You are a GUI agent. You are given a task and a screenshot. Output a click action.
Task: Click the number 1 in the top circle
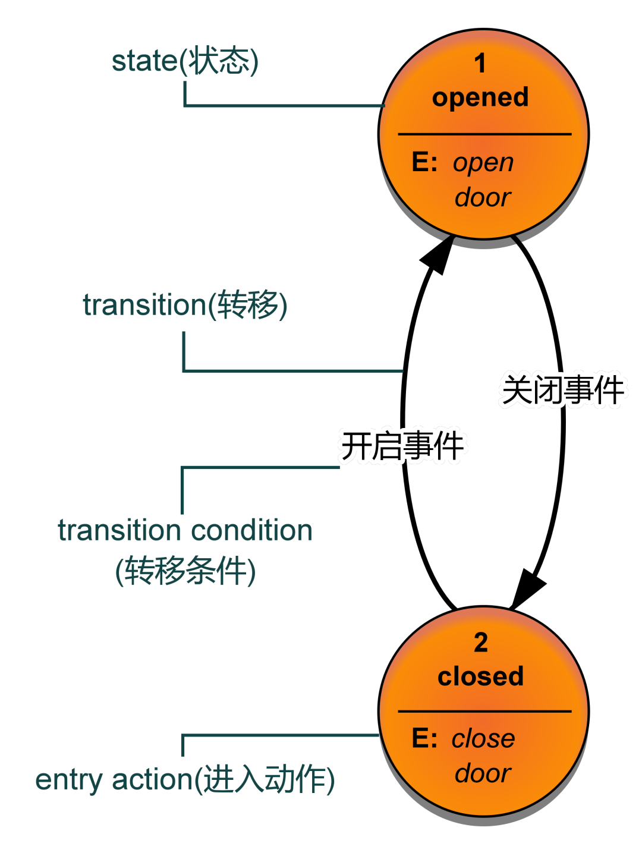[480, 63]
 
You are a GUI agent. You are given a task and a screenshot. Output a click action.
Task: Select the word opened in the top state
[480, 97]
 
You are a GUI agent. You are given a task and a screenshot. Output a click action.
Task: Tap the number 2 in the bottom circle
[481, 642]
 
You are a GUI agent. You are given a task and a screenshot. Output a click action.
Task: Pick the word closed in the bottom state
[481, 676]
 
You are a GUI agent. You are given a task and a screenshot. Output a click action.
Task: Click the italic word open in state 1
[483, 164]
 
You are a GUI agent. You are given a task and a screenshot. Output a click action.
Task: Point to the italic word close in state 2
[483, 739]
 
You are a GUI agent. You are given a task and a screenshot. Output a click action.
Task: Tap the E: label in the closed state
[424, 738]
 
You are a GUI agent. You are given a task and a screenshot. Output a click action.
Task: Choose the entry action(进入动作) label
[185, 780]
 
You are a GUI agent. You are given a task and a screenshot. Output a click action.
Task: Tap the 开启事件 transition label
[402, 446]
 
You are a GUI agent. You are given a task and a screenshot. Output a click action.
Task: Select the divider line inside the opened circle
[484, 134]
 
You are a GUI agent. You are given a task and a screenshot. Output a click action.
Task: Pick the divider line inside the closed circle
[484, 712]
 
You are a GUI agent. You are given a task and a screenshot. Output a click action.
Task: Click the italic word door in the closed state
[483, 774]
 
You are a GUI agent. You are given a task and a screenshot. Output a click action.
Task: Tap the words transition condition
[185, 530]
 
